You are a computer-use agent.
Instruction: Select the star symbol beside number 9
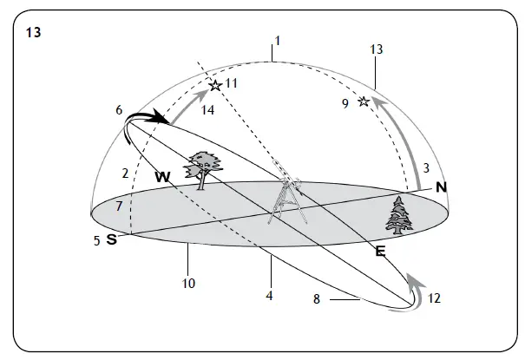[x=364, y=102]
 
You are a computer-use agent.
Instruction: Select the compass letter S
[x=111, y=239]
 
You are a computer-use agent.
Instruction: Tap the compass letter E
[x=379, y=252]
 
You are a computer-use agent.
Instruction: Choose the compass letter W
[x=161, y=176]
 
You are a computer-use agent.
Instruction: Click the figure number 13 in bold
[x=34, y=33]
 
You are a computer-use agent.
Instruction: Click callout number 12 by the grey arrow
[x=435, y=298]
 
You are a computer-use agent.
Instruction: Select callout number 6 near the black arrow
[x=119, y=110]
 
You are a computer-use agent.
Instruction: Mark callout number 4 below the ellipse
[x=271, y=295]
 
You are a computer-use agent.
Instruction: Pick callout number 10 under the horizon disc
[x=187, y=283]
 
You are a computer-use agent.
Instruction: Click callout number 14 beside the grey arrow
[x=208, y=110]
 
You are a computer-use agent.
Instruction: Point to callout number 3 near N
[x=426, y=167]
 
